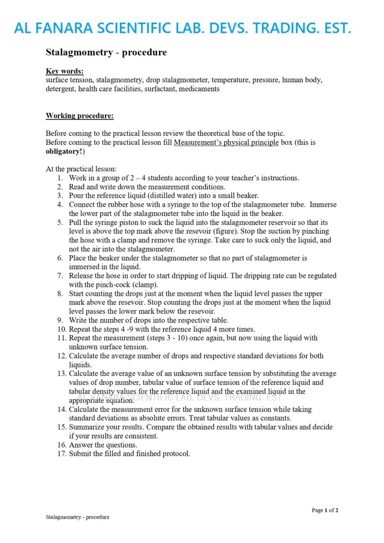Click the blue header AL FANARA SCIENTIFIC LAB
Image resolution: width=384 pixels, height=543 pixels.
pos(182,28)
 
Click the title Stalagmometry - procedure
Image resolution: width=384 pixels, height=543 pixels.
pos(106,52)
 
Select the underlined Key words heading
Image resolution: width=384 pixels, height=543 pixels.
pos(65,71)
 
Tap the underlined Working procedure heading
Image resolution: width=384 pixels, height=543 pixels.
pos(80,116)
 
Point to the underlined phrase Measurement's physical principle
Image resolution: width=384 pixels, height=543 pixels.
pos(226,143)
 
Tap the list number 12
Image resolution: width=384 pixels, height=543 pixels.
pos(60,356)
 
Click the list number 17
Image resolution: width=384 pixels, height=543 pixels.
pos(60,454)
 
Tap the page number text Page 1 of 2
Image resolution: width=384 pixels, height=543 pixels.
pos(325,510)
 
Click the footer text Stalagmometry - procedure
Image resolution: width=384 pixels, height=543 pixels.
pos(77,517)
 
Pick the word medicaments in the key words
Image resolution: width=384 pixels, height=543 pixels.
pos(199,89)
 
